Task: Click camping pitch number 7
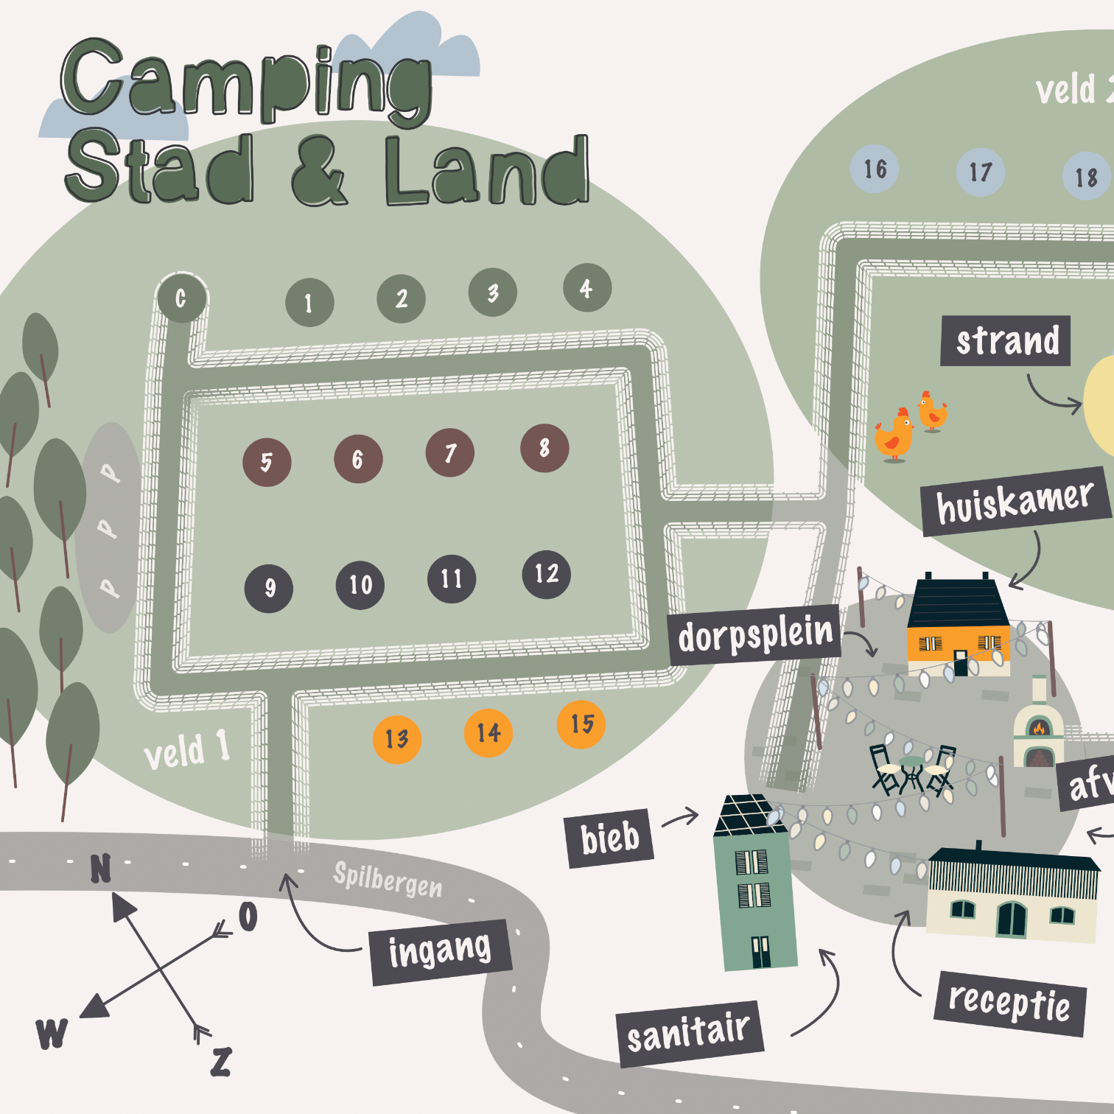(449, 452)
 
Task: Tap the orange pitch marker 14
(488, 732)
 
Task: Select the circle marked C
(181, 298)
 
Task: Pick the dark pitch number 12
(546, 574)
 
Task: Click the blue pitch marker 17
(979, 172)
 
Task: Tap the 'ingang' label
(440, 951)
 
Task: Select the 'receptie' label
(1009, 1003)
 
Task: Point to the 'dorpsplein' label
(754, 634)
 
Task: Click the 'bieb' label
(609, 838)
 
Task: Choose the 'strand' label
(1006, 341)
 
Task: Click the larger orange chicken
(894, 436)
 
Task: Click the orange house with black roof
(957, 627)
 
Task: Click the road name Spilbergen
(388, 879)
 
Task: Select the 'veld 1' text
(186, 750)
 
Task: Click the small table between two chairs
(911, 770)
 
